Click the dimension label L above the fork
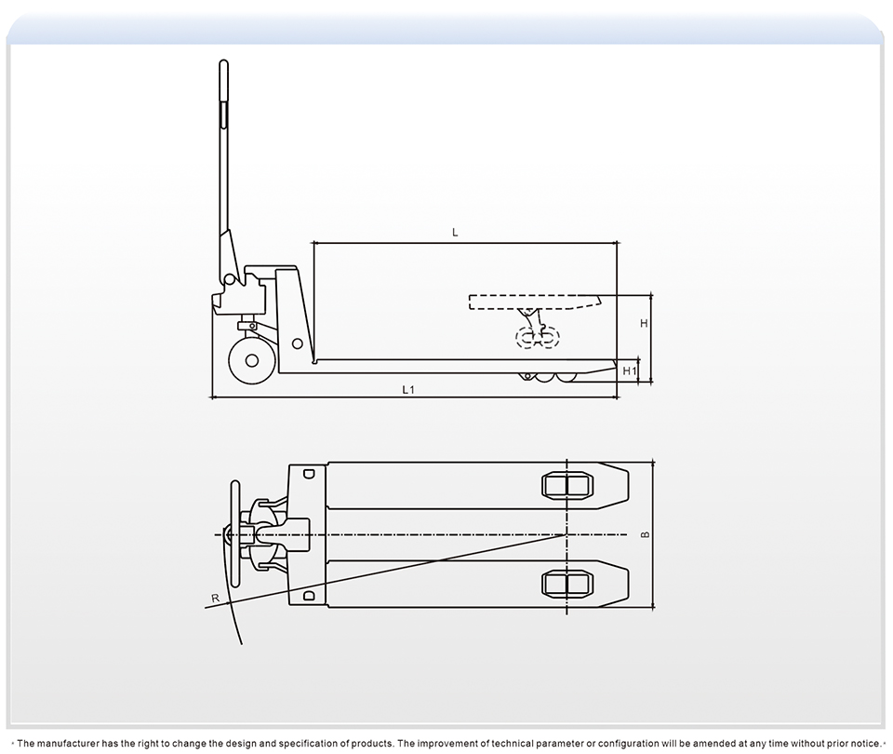455,233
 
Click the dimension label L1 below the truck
407,390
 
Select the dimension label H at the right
644,324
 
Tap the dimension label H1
629,371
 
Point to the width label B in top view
645,535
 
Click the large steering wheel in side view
251,361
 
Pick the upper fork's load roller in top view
566,485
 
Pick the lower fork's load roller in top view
566,584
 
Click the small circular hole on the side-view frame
298,343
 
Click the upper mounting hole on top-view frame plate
309,473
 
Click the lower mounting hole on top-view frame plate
309,596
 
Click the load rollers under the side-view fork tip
549,377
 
